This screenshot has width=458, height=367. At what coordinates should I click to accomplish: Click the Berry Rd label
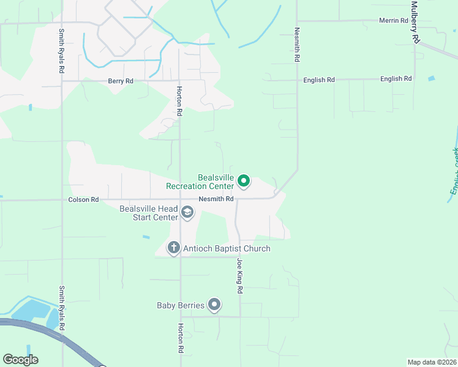pos(121,81)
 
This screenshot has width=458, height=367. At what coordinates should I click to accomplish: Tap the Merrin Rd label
pos(394,21)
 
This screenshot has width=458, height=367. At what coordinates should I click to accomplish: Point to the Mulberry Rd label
pos(415,22)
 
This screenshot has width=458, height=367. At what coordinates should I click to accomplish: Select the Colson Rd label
pos(83,199)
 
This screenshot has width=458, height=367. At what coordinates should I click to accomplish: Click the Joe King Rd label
pos(240,276)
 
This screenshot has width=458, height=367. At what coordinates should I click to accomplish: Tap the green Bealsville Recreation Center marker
pos(244,180)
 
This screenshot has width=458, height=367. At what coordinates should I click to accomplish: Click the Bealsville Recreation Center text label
pos(200,182)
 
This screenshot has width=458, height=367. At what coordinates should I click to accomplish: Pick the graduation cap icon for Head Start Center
pos(187,213)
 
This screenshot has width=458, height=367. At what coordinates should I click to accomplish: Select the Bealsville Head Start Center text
pos(149,213)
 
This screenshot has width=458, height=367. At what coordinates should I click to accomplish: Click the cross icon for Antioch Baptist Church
pos(174,248)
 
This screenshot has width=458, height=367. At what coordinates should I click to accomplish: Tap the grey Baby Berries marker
pos(214,305)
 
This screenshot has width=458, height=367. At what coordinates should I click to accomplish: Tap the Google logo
pos(20,360)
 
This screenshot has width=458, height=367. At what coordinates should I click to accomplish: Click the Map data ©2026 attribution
pos(432,362)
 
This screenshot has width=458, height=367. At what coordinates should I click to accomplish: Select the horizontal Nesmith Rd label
pos(216,199)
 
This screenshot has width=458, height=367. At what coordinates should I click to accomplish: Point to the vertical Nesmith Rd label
pos(297,44)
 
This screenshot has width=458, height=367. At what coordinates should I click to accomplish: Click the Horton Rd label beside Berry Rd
pos(179,101)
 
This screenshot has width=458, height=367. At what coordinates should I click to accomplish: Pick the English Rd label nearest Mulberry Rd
pos(396,79)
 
